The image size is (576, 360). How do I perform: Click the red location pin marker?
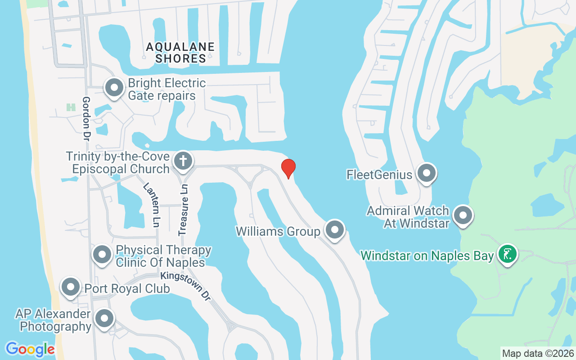(288, 168)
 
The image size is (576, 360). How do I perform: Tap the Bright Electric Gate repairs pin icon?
(114, 88)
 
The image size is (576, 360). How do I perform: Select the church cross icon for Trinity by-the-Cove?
(183, 160)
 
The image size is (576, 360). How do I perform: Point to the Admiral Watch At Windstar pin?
(463, 216)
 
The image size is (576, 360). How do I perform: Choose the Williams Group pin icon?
(334, 230)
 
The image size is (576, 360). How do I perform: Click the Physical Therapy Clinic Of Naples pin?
(102, 255)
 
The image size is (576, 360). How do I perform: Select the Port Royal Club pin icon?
(71, 287)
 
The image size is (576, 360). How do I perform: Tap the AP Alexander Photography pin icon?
(104, 319)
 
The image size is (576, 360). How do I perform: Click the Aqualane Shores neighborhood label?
(180, 53)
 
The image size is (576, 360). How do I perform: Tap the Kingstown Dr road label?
(186, 286)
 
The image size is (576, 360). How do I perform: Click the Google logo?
(30, 349)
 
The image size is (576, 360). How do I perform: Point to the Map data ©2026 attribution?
(538, 353)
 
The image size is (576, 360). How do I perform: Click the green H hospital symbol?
(71, 107)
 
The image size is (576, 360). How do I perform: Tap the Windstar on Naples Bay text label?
(427, 256)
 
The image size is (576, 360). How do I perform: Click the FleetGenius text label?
(379, 174)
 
